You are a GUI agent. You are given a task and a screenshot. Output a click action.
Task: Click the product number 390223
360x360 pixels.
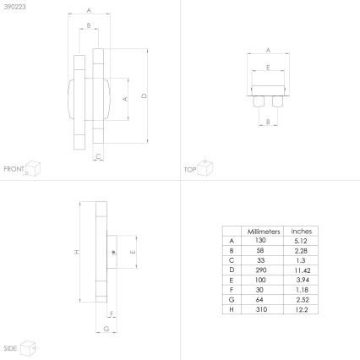tap(14, 6)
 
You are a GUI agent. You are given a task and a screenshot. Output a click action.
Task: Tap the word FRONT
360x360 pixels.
tap(14, 169)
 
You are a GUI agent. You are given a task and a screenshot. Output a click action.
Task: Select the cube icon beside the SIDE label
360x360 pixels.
tap(28, 346)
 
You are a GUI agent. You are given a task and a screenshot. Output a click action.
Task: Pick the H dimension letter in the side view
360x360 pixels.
tap(75, 252)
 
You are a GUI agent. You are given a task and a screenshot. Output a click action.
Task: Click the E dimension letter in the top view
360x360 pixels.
tap(268, 67)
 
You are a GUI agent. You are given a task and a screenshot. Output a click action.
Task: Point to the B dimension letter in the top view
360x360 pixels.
tap(267, 123)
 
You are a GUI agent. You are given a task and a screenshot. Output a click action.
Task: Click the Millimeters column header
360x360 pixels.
tap(262, 231)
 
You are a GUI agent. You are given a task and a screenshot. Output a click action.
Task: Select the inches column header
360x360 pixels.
tap(301, 231)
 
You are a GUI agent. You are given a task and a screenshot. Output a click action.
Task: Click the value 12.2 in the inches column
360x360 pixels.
tap(301, 310)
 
